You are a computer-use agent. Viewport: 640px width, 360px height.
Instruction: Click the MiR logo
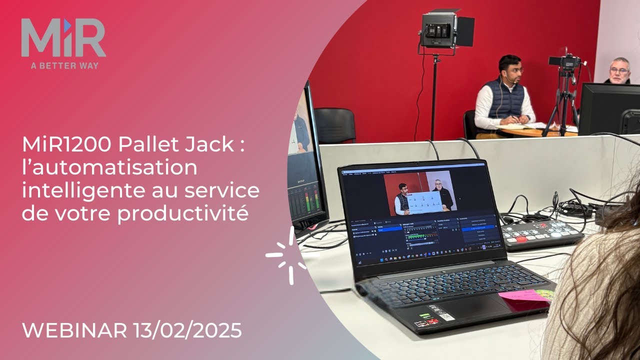click(63, 38)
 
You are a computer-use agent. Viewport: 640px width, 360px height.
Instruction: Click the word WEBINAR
click(75, 330)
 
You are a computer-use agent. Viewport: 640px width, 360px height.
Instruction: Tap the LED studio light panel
click(439, 30)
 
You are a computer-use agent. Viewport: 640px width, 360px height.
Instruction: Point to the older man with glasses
click(619, 70)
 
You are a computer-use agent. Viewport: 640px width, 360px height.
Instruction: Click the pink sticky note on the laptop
click(522, 297)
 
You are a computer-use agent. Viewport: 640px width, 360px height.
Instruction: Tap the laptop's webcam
click(416, 163)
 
